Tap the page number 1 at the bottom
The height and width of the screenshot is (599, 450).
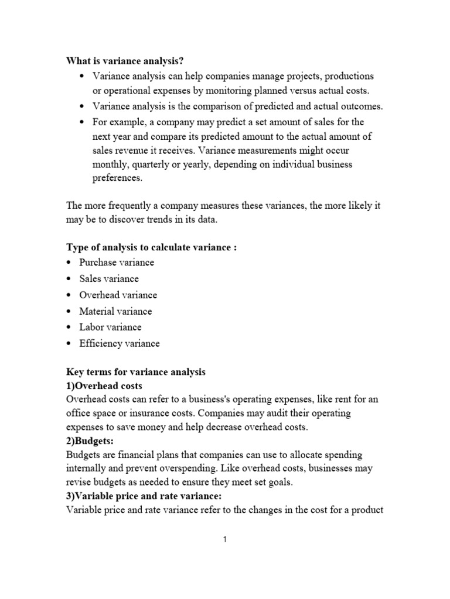(224, 539)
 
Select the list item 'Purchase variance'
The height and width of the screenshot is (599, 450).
(117, 263)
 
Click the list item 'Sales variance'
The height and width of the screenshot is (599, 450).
(109, 279)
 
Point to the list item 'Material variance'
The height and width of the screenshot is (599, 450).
(115, 311)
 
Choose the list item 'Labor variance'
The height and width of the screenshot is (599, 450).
(110, 327)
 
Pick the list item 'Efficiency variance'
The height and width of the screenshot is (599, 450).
(119, 343)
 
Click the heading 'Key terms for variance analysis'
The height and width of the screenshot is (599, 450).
(135, 372)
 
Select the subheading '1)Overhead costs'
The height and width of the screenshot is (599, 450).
(104, 386)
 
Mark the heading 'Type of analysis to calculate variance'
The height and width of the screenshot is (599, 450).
(149, 247)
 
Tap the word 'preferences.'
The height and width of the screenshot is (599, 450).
(117, 178)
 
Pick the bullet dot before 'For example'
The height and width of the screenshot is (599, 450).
(81, 122)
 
